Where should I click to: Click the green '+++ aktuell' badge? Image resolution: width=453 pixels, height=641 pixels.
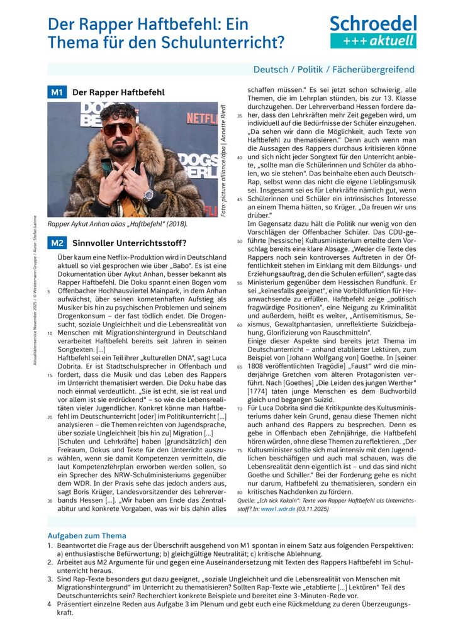click(x=373, y=41)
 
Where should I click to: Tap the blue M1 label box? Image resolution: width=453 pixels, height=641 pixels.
click(x=57, y=92)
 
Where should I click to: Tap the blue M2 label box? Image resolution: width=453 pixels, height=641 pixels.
click(x=57, y=243)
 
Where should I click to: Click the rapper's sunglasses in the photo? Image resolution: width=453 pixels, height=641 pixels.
click(x=118, y=129)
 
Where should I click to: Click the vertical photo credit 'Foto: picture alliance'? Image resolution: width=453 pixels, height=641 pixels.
click(x=223, y=160)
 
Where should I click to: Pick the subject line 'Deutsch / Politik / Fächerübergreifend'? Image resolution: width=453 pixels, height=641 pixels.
click(x=333, y=69)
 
